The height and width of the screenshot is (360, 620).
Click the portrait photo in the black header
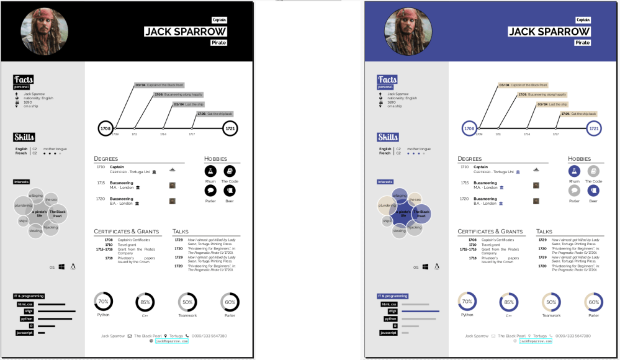tap(44, 32)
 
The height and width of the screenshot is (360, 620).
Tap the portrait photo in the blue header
tap(408, 32)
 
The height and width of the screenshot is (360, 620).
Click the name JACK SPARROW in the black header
tap(185, 32)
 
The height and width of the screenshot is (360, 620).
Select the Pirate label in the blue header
tap(582, 43)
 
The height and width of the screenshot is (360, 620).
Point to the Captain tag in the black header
tap(219, 20)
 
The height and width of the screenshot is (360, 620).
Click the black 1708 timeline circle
tap(106, 128)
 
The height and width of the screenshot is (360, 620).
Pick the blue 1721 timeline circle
tap(594, 128)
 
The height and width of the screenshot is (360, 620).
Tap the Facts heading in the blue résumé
tap(387, 79)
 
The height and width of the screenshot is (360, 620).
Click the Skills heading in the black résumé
tap(24, 137)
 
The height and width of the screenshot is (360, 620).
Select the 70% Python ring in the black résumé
tap(103, 302)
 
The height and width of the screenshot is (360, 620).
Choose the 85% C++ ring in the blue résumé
tap(509, 302)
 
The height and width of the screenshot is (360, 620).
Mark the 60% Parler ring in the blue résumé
tap(594, 302)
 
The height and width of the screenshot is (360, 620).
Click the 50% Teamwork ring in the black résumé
tap(187, 302)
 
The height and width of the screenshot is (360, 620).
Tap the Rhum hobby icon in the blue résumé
tap(574, 171)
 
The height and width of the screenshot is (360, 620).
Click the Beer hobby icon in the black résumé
tap(229, 191)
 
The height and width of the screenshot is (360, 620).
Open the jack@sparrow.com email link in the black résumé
tap(171, 341)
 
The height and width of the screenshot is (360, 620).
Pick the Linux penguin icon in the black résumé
tap(73, 266)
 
